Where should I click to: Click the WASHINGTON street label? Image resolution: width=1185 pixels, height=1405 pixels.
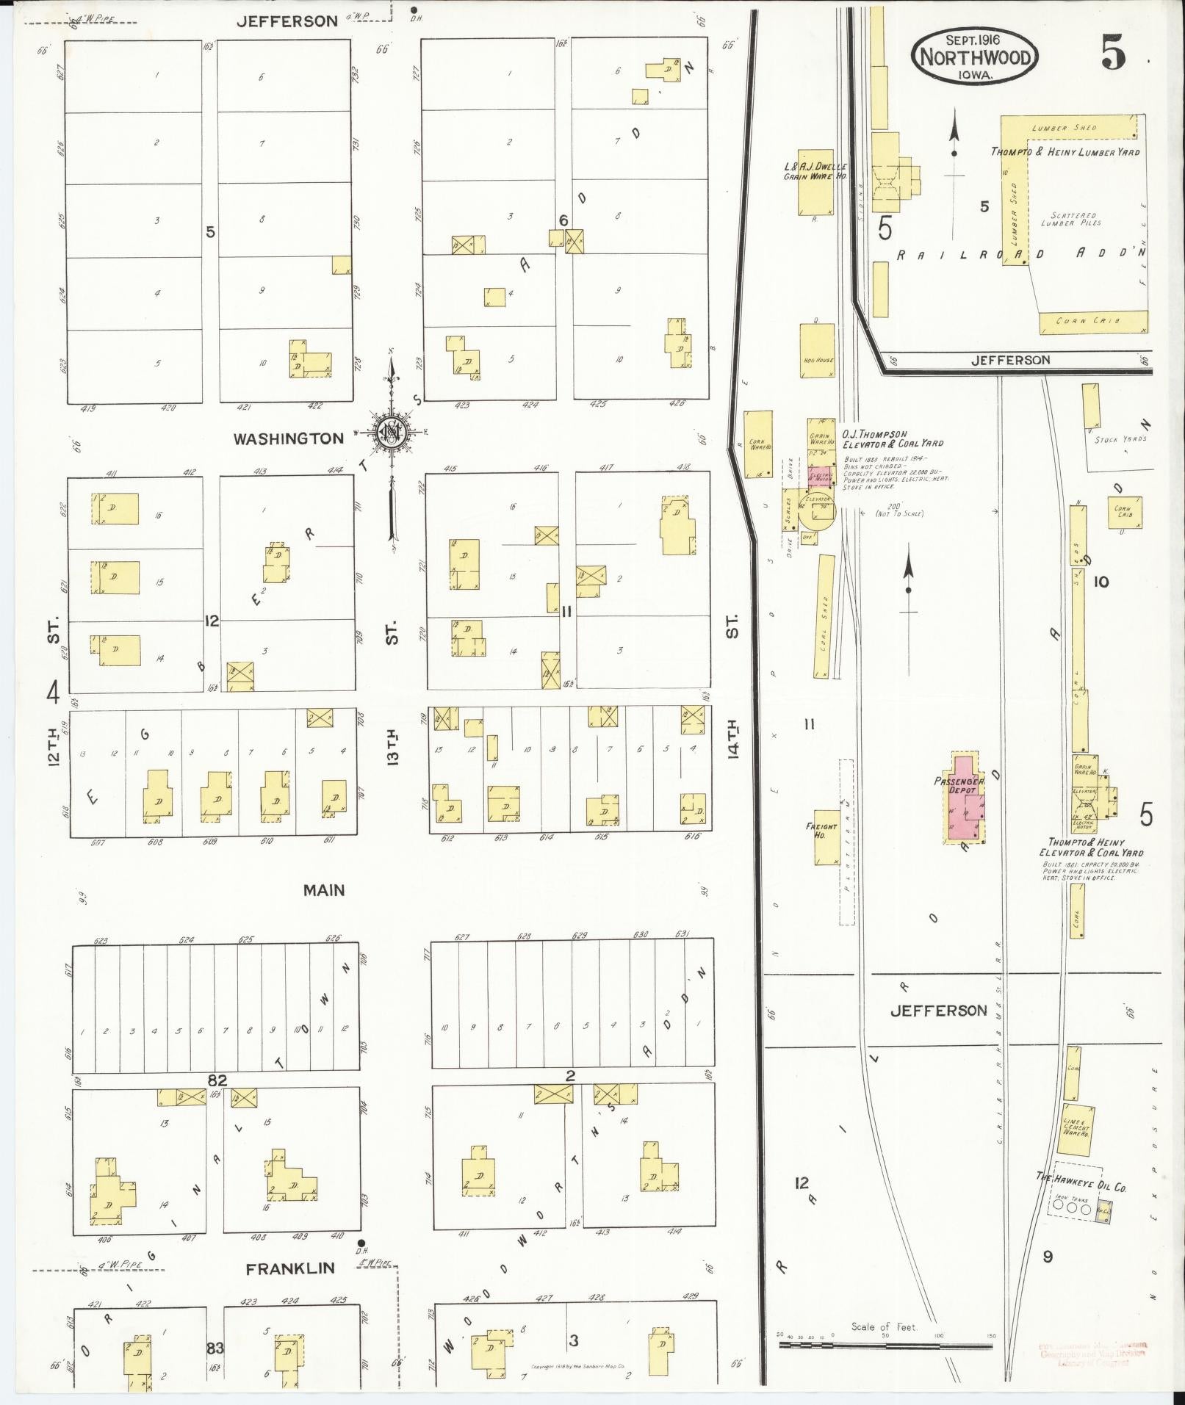tap(288, 439)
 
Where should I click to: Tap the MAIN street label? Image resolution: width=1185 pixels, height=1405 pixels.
tap(324, 890)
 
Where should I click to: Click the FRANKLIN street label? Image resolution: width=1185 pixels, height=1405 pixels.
tap(290, 1268)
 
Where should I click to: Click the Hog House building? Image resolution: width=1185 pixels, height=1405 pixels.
tap(817, 351)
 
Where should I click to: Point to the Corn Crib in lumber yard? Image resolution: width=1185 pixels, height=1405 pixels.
tap(1093, 322)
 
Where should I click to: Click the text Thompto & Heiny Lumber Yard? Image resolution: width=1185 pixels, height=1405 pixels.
tap(1065, 152)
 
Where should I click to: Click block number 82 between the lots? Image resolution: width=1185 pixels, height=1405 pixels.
tap(217, 1080)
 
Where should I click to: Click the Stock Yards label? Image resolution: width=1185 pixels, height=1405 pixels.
tap(1120, 439)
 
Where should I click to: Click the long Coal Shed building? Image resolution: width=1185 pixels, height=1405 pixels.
tap(825, 615)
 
